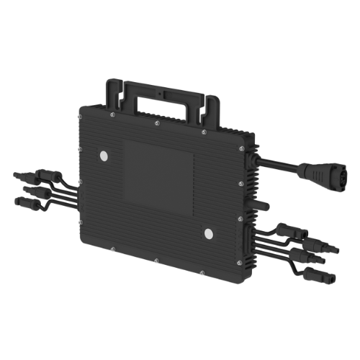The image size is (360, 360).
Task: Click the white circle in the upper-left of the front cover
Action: [x=104, y=156]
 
